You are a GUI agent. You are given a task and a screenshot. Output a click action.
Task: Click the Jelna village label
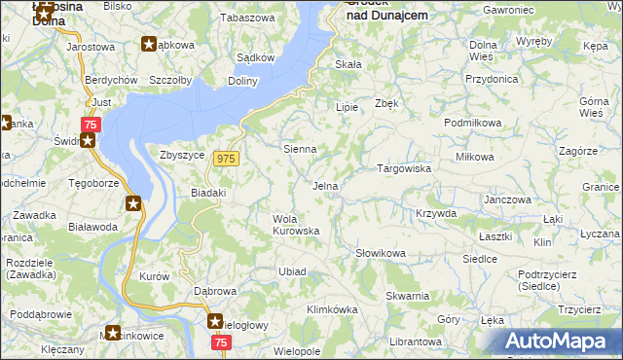325,186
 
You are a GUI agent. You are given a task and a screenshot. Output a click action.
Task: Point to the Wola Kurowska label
296,225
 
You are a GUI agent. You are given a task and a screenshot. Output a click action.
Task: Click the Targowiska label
404,168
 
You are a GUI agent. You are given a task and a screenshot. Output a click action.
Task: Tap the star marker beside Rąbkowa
149,44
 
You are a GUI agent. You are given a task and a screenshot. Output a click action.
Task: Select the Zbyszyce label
181,155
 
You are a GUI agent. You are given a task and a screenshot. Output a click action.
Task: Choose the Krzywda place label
435,213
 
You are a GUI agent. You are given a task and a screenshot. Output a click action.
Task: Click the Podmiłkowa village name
472,123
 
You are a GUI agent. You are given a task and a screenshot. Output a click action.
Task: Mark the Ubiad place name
293,271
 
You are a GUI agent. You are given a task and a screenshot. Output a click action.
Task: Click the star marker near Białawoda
133,203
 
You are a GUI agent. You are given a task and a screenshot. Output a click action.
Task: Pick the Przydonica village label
492,80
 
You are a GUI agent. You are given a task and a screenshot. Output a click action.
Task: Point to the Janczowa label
507,199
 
